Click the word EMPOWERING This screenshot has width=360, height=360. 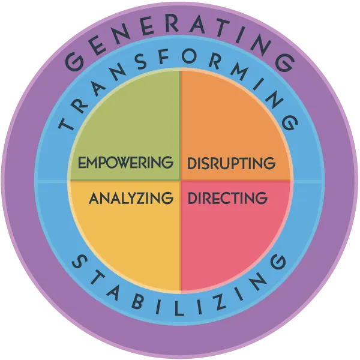click(125, 162)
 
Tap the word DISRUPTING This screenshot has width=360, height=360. click(232, 163)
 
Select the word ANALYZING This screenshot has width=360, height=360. click(127, 197)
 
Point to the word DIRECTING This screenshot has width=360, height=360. click(227, 197)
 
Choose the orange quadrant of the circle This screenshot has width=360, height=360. click(234, 120)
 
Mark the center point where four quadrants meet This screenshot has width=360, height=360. click(180, 180)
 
